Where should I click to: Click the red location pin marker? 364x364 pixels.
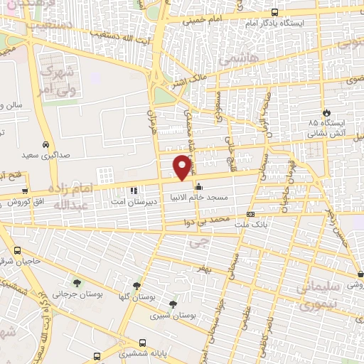click(x=183, y=167)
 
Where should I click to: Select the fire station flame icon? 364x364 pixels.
click(x=326, y=112)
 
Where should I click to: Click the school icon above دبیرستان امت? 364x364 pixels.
click(x=133, y=189)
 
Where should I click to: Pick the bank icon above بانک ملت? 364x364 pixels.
click(x=250, y=214)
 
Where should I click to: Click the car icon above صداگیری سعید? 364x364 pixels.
click(x=45, y=142)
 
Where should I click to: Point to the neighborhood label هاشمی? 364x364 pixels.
click(x=237, y=60)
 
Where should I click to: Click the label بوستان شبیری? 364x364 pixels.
click(x=175, y=314)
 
